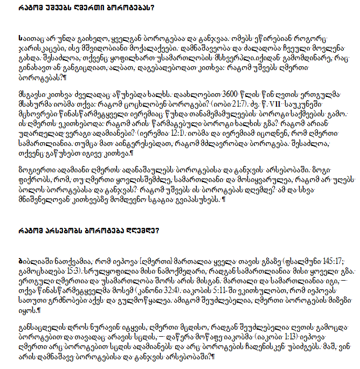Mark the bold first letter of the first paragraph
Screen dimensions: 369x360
(20, 39)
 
